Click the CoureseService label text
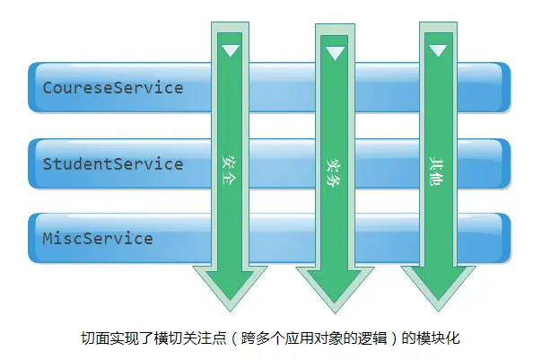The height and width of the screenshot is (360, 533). pos(113,88)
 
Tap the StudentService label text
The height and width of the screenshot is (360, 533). pos(113,164)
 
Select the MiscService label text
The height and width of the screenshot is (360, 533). pos(98,238)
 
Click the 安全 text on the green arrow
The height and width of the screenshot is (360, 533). pos(230,170)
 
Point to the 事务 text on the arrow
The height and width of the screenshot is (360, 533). pos(334,171)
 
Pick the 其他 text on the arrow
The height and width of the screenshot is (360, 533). pos(437,171)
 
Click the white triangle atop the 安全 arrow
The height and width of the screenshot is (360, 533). pos(231,49)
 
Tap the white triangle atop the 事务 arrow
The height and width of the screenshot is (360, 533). pos(335,53)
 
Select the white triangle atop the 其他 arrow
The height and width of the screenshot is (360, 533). pos(438,50)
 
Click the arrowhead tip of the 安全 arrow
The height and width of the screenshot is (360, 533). pos(230,311)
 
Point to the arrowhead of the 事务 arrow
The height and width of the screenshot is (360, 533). pos(335,290)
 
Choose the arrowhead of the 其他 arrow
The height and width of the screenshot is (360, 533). pos(438,289)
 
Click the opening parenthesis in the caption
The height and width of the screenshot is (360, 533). pos(235,339)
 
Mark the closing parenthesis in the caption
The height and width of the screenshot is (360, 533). pos(395,339)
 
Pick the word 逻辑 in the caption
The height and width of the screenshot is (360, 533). pos(373,338)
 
